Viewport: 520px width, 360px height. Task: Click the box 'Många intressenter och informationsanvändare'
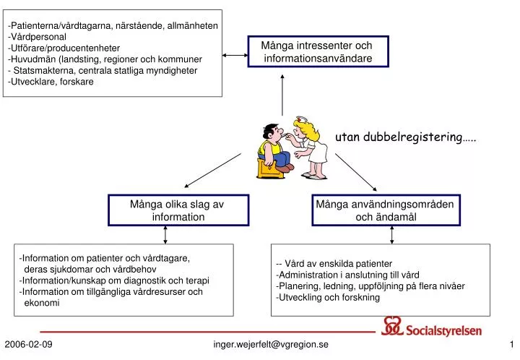pos(318,52)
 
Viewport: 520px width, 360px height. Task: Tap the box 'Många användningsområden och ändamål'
pos(384,210)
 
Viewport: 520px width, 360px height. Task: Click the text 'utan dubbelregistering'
pos(404,137)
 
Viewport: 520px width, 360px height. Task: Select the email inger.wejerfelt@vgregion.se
pos(270,344)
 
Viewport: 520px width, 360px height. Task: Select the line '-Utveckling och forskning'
pos(328,297)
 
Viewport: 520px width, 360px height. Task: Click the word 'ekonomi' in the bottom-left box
pos(42,304)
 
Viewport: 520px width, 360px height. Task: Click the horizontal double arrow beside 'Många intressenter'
pos(235,55)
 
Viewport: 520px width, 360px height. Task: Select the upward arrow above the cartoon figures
pos(282,94)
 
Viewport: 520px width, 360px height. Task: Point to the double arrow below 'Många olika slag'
pos(166,234)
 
